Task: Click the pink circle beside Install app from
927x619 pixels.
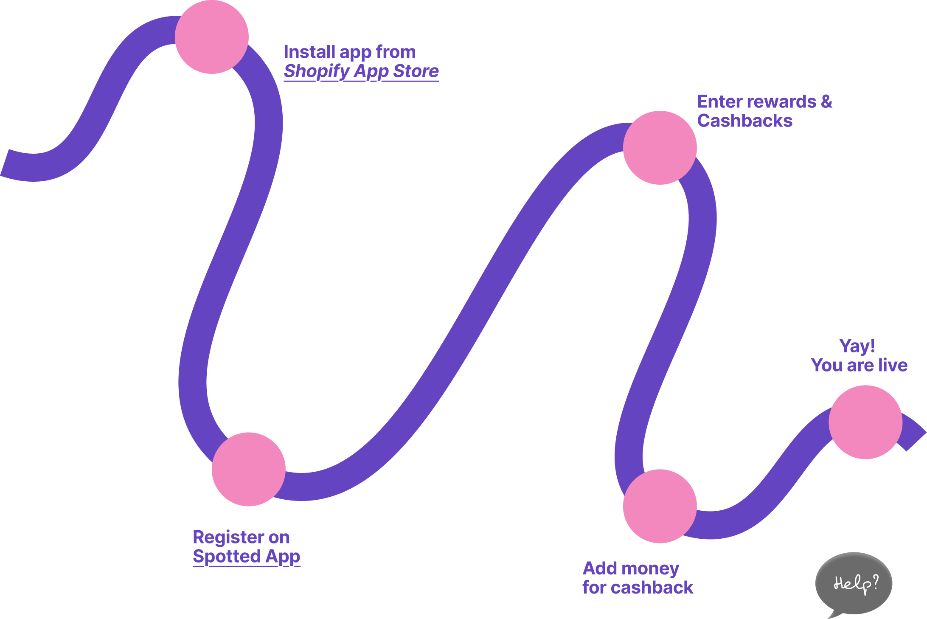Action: pyautogui.click(x=211, y=37)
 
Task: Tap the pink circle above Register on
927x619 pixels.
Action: pyautogui.click(x=248, y=469)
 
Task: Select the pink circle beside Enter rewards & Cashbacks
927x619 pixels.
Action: pyautogui.click(x=660, y=148)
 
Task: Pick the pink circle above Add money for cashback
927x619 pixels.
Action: pyautogui.click(x=660, y=506)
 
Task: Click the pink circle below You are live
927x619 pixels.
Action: pyautogui.click(x=865, y=422)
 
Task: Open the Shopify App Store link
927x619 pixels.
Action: pyautogui.click(x=361, y=71)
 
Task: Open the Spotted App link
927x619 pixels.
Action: pyautogui.click(x=246, y=557)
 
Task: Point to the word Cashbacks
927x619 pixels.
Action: pyautogui.click(x=744, y=121)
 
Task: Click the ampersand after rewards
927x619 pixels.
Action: pyautogui.click(x=826, y=102)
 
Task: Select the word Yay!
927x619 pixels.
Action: pyautogui.click(x=857, y=346)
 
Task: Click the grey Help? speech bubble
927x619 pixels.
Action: pyautogui.click(x=854, y=583)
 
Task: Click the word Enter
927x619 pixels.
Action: pyautogui.click(x=717, y=102)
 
